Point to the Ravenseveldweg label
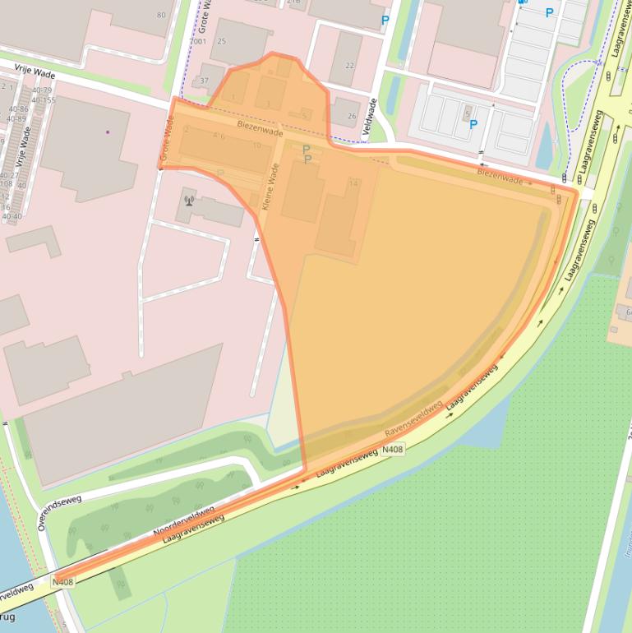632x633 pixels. pos(413,418)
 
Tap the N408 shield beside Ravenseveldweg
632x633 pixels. pos(393,449)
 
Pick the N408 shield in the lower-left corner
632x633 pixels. pos(62,582)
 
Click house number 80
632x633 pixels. pos(160,16)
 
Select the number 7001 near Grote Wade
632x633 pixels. pos(197,41)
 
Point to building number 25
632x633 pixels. pos(221,41)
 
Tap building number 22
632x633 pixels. pos(350,66)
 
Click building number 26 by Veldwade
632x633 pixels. pos(352,116)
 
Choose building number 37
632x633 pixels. pos(204,81)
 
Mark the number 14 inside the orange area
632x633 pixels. pos(353,183)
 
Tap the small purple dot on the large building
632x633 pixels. pos(107,132)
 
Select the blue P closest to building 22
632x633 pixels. pos(385,21)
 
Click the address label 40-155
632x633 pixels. pos(43,100)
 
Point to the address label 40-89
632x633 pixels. pos(16,118)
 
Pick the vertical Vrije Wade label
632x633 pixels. pos(25,148)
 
